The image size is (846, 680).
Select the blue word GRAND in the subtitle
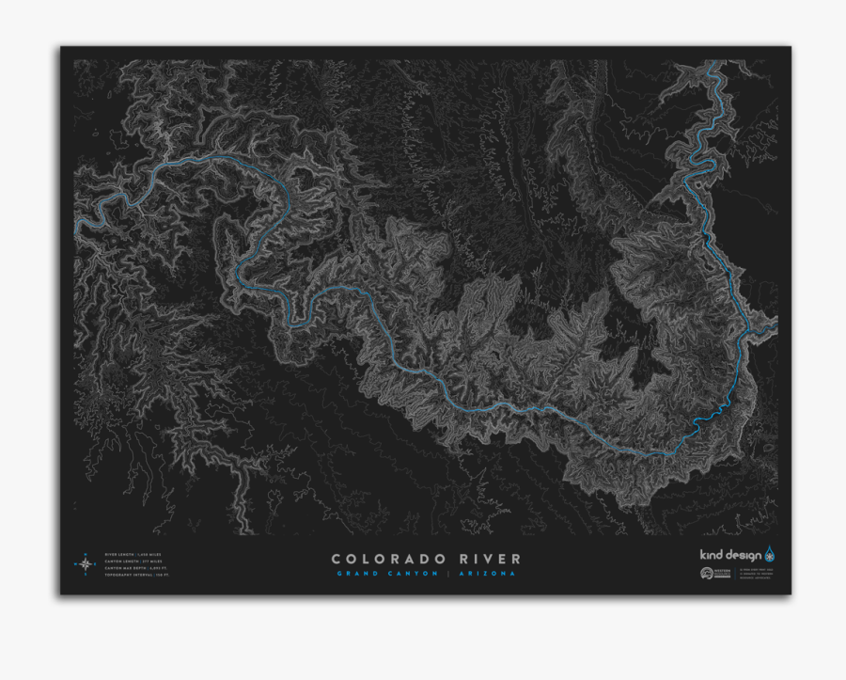(353, 574)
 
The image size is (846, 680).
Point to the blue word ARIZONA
(487, 574)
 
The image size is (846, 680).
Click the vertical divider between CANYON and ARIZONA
(449, 574)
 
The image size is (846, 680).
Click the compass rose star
(85, 564)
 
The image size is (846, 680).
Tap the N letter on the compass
(85, 553)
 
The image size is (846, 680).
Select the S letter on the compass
(85, 576)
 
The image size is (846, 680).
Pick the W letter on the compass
(73, 564)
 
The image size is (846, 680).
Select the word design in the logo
(744, 554)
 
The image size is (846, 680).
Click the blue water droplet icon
(770, 553)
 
